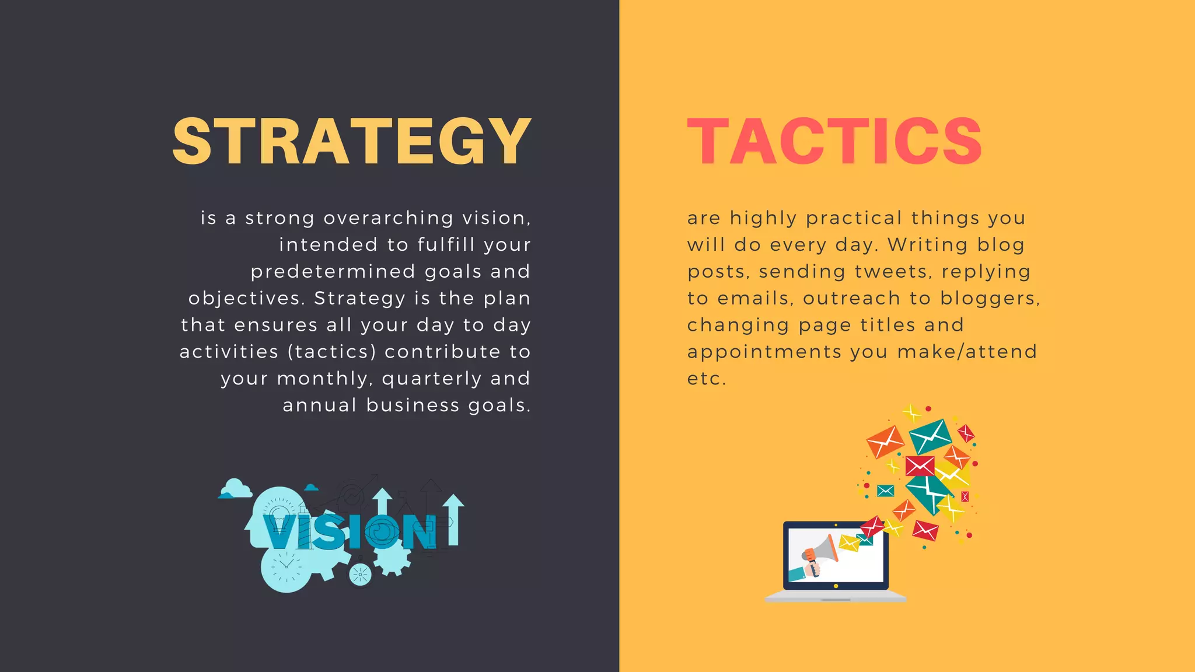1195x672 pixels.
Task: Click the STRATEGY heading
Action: pyautogui.click(x=352, y=141)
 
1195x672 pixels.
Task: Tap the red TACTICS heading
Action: pyautogui.click(x=834, y=141)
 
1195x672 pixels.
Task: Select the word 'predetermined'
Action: pyautogui.click(x=333, y=272)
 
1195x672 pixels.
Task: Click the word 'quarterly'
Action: pyautogui.click(x=432, y=379)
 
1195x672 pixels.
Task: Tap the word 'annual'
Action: pyautogui.click(x=320, y=405)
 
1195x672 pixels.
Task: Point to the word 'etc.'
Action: pyautogui.click(x=707, y=379)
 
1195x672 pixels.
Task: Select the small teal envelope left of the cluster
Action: pyautogui.click(x=885, y=491)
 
